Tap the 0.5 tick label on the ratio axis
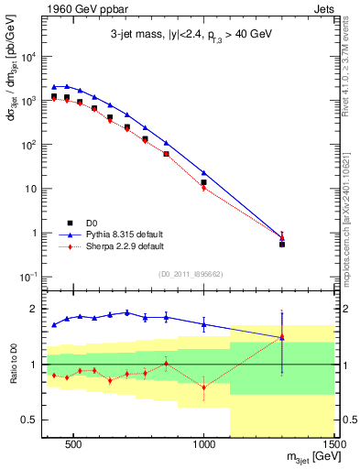[33, 420]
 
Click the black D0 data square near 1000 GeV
[203, 182]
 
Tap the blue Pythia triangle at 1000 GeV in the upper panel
[203, 172]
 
